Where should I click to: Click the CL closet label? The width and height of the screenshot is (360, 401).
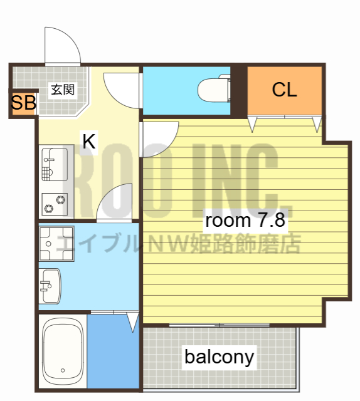[x=284, y=90]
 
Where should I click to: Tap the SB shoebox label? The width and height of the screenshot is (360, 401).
[x=23, y=103]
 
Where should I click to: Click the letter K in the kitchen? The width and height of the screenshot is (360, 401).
[x=89, y=142]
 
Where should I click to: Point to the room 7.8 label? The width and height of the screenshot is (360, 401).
[x=246, y=221]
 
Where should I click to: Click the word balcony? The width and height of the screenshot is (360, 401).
[x=220, y=357]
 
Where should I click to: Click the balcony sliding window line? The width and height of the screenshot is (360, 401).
[x=220, y=325]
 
